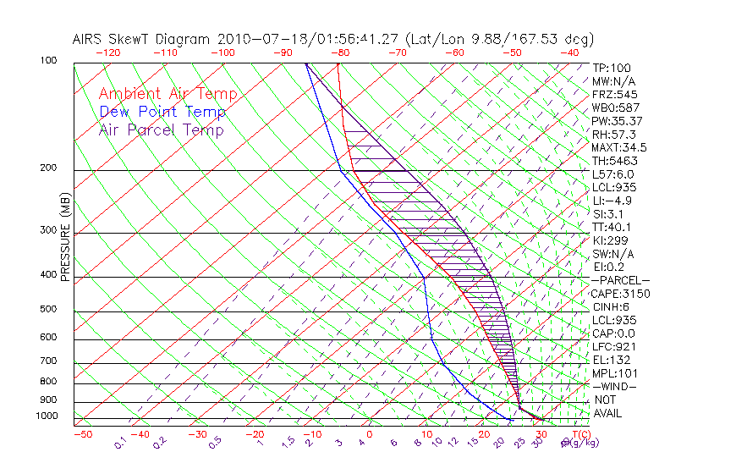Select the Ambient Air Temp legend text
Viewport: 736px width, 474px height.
pos(168,94)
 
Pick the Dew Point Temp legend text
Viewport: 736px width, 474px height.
pos(162,112)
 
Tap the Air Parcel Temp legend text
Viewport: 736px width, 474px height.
pos(161,130)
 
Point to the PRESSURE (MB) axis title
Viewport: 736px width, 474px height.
pos(65,241)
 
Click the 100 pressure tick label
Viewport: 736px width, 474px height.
pos(48,61)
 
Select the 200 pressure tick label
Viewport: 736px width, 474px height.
pos(48,168)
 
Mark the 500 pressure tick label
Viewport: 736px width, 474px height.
pos(48,310)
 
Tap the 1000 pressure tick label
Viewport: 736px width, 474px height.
pos(46,416)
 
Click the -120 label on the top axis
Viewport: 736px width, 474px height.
pos(107,52)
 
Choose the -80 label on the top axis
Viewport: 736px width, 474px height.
pos(339,52)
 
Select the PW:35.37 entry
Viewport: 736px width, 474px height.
pos(617,121)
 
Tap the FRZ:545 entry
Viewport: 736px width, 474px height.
pos(614,94)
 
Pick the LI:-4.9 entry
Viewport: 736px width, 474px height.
pos(612,201)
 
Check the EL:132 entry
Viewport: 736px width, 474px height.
pos(611,360)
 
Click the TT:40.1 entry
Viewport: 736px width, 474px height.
pos(612,227)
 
